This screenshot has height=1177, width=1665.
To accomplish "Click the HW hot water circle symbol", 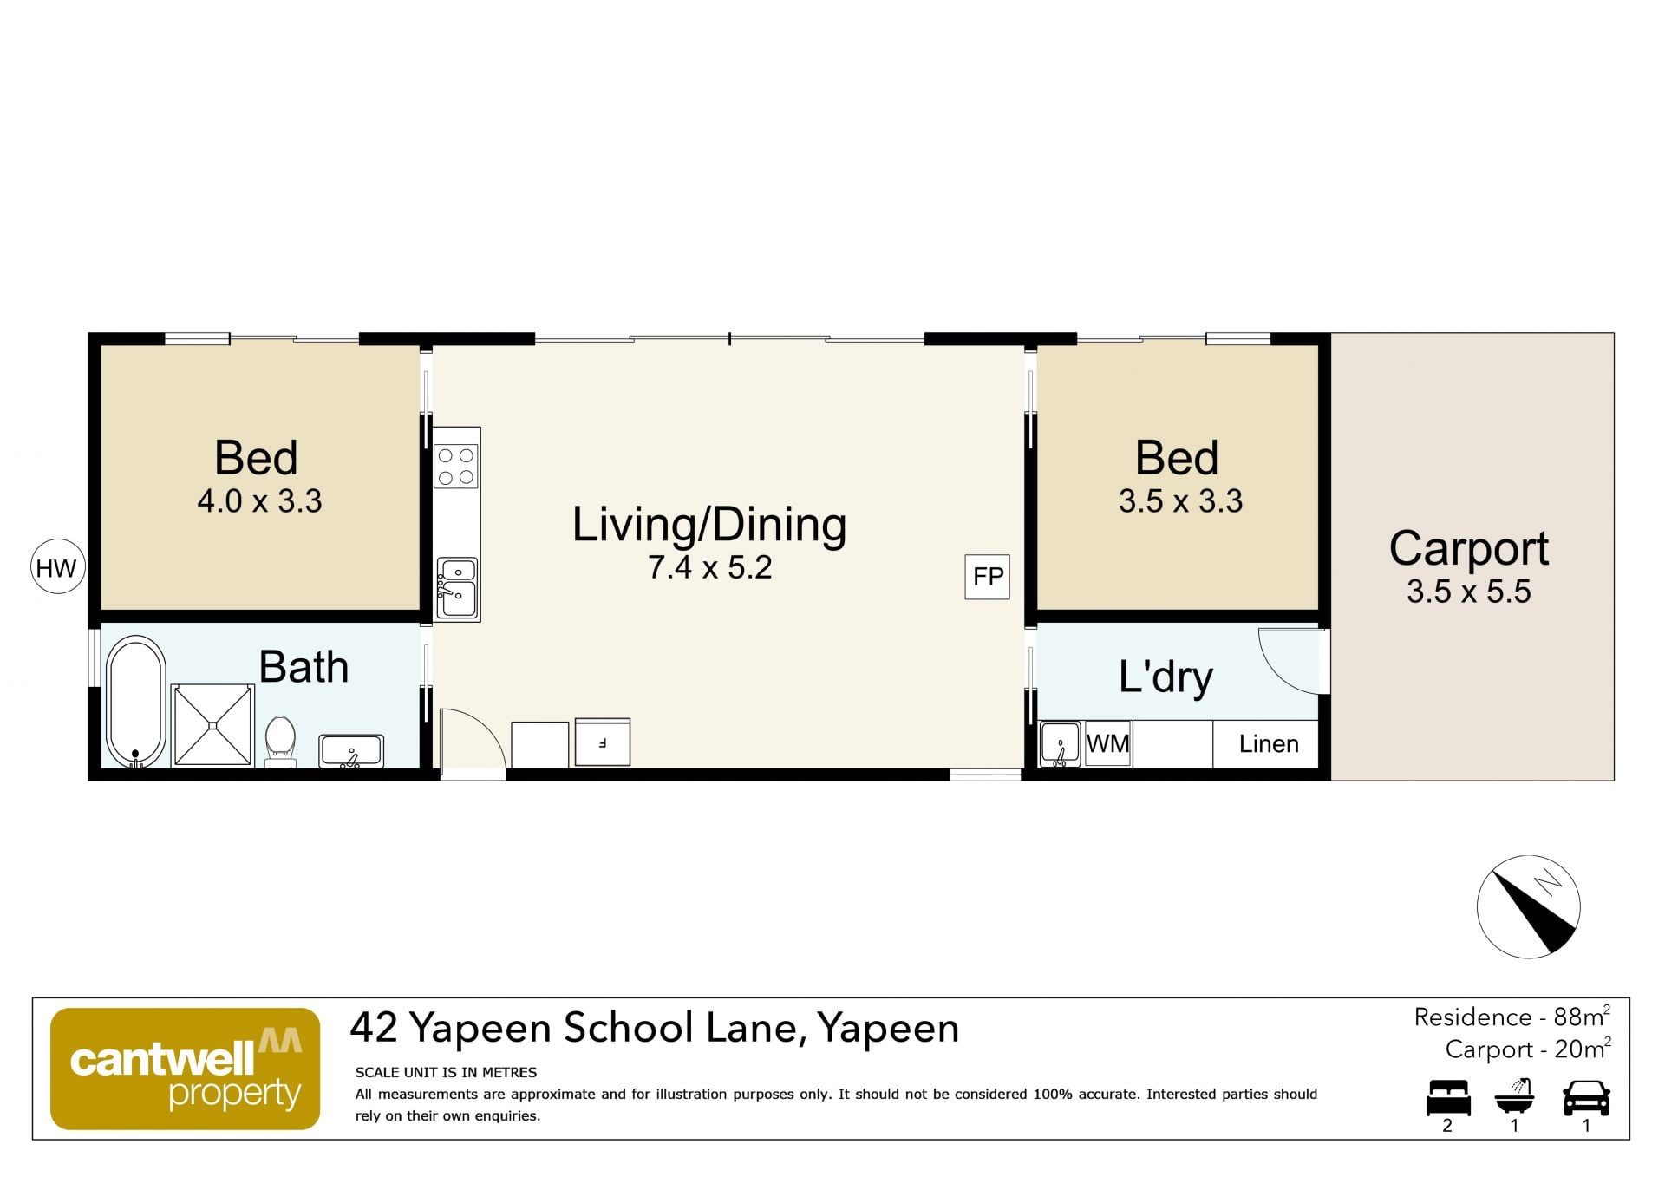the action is tap(57, 567).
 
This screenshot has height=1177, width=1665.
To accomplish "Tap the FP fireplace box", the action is tap(988, 577).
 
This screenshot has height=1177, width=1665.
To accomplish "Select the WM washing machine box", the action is tap(1107, 743).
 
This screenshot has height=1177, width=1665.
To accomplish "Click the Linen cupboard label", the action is tap(1269, 743).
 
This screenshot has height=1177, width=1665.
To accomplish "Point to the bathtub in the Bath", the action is tap(136, 702).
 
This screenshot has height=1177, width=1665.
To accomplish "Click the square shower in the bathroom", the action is tap(212, 725).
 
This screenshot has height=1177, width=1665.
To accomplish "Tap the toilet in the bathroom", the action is tap(280, 742).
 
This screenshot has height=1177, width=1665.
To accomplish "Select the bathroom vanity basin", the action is tap(351, 751).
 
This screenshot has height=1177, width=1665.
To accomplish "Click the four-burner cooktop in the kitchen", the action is tap(456, 466).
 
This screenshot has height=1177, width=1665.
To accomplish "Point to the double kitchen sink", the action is tap(457, 587).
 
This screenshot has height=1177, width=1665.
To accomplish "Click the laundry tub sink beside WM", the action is tap(1060, 744).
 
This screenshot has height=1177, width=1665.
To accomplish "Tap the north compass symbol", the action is tap(1528, 906).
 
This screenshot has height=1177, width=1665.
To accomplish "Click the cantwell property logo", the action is tap(186, 1069).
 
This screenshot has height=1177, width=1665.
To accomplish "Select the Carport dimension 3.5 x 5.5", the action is tap(1468, 592).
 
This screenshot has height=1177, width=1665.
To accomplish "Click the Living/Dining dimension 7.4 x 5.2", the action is tap(709, 567).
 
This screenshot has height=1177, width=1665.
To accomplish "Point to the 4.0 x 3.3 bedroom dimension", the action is tap(259, 500).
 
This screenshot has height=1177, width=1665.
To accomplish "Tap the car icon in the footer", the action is tap(1586, 1097).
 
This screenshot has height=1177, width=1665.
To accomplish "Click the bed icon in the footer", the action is tap(1448, 1097).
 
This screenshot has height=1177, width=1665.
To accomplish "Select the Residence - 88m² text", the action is tap(1512, 1017).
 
